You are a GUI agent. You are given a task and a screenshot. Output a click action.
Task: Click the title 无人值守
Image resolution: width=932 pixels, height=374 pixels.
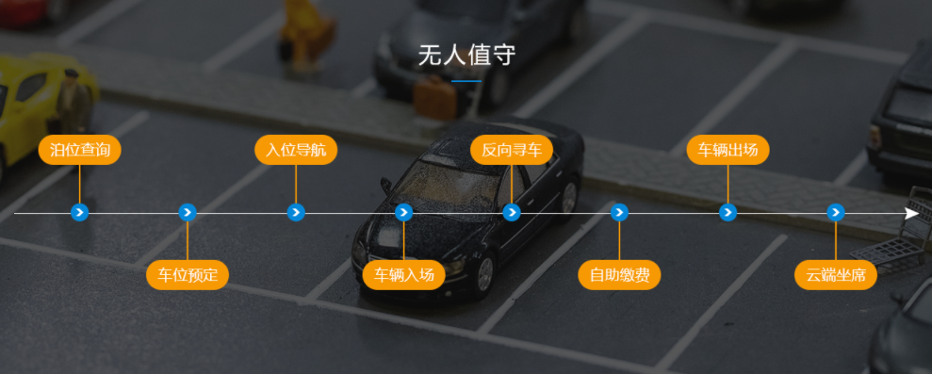[x=466, y=55]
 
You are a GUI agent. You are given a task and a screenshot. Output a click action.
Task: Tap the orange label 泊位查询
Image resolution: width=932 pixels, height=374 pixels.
[x=80, y=150]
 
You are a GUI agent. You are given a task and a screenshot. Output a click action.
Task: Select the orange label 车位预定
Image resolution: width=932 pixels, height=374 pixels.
[x=188, y=276]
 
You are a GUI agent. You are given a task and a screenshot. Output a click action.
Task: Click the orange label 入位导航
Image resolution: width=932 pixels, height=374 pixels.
[x=296, y=150]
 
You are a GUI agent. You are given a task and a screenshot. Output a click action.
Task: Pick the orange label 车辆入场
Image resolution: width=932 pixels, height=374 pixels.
[x=403, y=276]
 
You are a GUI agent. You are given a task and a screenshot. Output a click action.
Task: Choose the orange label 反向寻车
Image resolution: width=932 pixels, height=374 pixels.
[x=512, y=150]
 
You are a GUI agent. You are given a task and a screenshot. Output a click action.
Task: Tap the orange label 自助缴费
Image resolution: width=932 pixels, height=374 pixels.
[x=619, y=276]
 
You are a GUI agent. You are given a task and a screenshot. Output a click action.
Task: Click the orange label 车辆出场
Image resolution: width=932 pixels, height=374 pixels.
[x=728, y=150]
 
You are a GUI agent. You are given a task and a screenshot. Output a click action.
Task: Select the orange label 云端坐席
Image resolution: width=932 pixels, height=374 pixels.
[x=835, y=276]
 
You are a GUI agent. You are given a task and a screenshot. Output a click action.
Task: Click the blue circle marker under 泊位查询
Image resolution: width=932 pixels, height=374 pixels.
[x=80, y=213]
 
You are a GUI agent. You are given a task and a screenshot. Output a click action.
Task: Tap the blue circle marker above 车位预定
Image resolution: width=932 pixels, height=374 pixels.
[x=188, y=213]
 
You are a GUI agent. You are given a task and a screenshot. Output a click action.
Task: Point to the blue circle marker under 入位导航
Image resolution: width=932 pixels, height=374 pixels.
[x=296, y=213]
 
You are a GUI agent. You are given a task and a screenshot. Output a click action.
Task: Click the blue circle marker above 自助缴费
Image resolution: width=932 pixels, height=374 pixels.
[x=619, y=213]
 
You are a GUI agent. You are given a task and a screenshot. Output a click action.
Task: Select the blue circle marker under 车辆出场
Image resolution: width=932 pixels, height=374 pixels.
[x=728, y=213]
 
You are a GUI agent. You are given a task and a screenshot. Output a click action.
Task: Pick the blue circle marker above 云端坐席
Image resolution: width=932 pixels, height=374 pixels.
[x=835, y=213]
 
